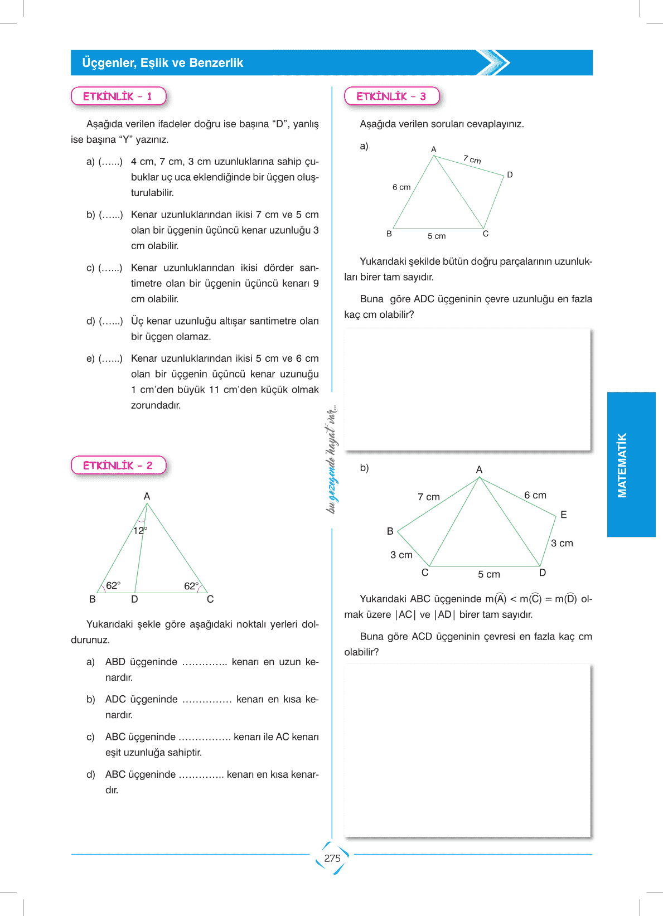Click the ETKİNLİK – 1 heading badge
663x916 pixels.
118,96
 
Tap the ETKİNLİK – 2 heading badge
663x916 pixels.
118,466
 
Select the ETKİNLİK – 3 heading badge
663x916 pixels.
391,96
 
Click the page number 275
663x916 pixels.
332,859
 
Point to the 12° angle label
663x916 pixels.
140,531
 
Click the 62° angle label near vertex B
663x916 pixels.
113,585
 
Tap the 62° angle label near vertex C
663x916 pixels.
191,586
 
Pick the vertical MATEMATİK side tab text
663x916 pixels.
622,465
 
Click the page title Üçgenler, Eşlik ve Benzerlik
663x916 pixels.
162,63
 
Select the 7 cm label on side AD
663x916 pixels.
472,160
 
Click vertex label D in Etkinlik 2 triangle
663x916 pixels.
134,599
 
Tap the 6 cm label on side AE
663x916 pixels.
535,495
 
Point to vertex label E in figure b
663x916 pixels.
564,515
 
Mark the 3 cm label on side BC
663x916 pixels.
401,555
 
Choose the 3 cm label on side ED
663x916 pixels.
562,543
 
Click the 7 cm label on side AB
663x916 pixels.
429,497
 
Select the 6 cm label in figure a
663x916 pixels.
401,187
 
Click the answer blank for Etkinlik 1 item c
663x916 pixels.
110,268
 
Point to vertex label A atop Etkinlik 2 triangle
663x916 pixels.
147,496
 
